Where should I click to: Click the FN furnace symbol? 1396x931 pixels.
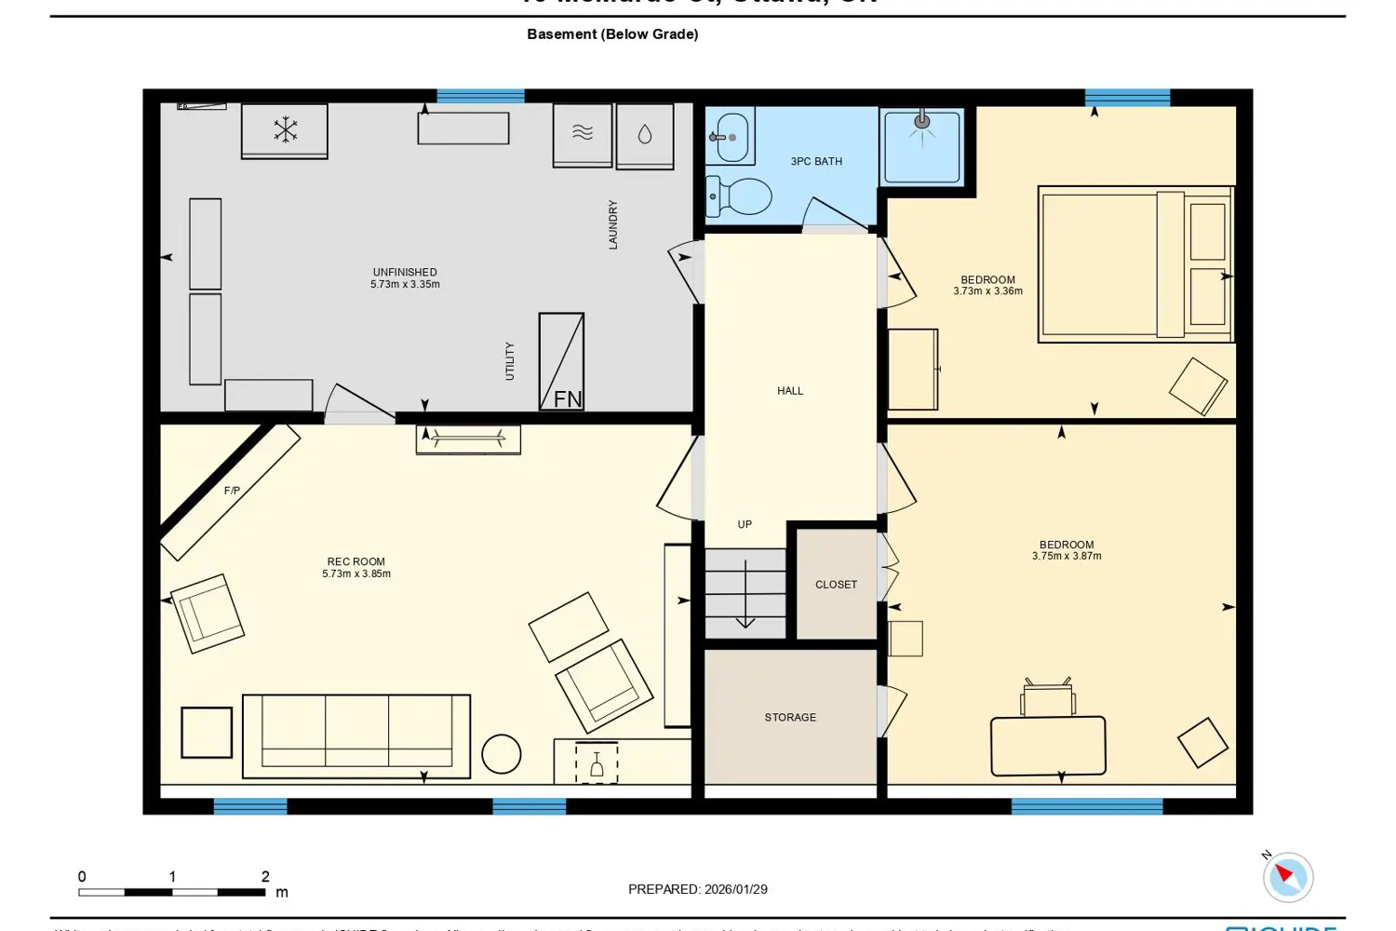(x=562, y=362)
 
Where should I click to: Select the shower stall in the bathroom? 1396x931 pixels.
(x=921, y=146)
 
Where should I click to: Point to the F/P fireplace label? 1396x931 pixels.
(x=232, y=491)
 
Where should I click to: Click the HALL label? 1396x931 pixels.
(x=790, y=391)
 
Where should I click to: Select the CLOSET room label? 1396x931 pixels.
(x=836, y=585)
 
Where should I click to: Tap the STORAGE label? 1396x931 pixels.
(x=790, y=718)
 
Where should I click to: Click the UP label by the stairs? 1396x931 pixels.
(x=745, y=525)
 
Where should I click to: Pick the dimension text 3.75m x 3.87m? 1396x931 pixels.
(x=1067, y=557)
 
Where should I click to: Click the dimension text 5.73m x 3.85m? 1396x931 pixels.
(x=356, y=574)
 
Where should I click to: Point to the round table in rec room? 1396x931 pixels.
(x=502, y=754)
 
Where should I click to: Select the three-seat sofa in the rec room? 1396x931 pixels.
(x=356, y=735)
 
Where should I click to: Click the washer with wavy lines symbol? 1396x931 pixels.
(x=583, y=134)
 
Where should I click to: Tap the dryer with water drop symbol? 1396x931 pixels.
(x=645, y=135)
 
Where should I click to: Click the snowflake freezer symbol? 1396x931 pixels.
(x=285, y=130)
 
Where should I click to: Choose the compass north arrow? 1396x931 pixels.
(x=1287, y=875)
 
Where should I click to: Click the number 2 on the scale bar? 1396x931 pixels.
(x=265, y=877)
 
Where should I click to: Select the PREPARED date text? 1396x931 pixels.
(x=698, y=889)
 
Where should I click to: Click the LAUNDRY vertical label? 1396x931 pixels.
(x=613, y=224)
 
